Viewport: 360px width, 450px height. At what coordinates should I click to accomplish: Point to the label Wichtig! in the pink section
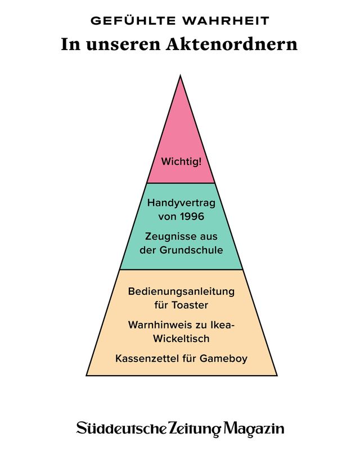(181, 162)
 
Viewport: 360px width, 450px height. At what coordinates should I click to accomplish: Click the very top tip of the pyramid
(181, 77)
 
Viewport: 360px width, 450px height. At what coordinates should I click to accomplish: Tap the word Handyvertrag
(181, 203)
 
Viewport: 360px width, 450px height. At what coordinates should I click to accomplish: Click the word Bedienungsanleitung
(181, 292)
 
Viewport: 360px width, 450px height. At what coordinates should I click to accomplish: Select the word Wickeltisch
(181, 339)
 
